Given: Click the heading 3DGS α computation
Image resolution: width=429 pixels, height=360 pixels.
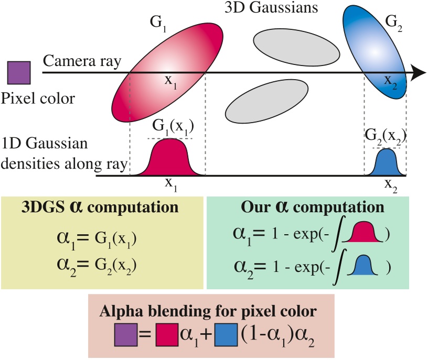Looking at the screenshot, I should [x=100, y=208].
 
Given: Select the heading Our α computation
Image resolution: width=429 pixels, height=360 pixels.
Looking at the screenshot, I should [x=316, y=208].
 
